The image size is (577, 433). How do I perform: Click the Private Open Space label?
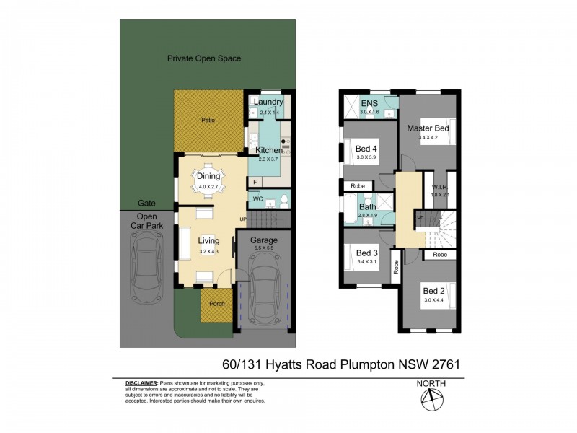(204, 58)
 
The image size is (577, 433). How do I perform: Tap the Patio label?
(208, 121)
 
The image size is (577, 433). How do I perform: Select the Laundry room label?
(268, 102)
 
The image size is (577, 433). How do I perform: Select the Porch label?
(217, 304)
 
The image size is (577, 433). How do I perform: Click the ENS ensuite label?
(369, 103)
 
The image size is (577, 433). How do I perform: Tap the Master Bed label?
(428, 128)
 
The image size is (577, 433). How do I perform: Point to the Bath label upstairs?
(368, 206)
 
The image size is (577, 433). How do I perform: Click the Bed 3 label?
(367, 253)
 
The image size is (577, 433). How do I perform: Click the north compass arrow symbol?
(431, 398)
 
